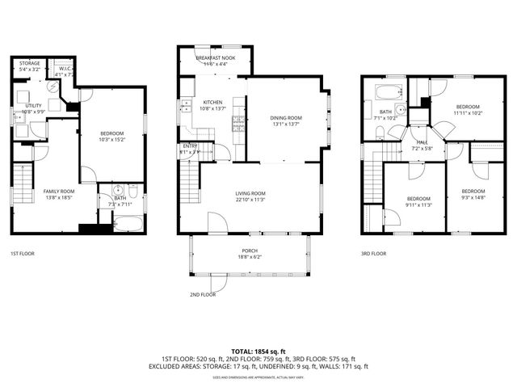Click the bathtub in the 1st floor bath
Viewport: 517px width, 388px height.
[128, 221]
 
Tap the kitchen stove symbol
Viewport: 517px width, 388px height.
[238, 124]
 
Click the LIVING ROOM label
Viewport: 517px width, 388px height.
[251, 193]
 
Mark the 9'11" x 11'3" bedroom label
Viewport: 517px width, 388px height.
[418, 201]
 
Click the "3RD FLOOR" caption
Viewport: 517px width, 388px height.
[373, 254]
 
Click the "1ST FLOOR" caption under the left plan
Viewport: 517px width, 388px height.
[23, 254]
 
